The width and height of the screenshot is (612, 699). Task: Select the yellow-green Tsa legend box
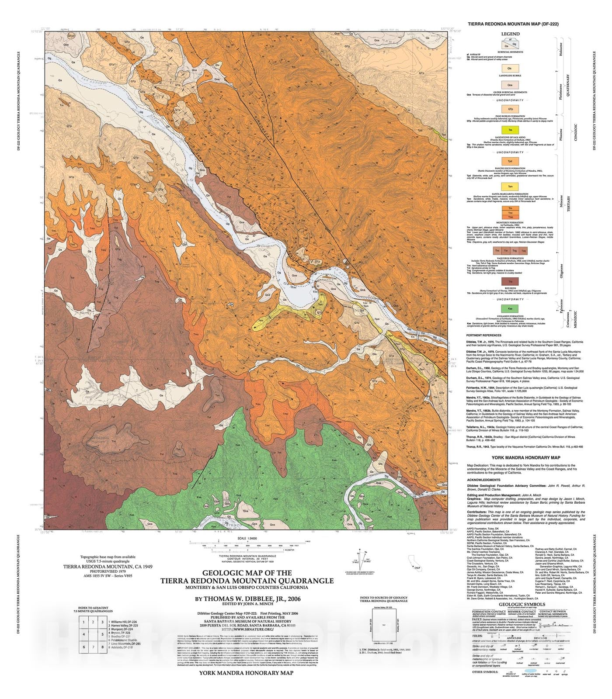(510, 131)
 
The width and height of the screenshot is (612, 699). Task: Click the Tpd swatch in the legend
(510, 161)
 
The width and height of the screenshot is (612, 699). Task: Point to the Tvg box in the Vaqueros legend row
(515, 251)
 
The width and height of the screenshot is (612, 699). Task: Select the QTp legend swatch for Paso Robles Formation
(510, 109)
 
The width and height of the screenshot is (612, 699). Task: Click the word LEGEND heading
(510, 34)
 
